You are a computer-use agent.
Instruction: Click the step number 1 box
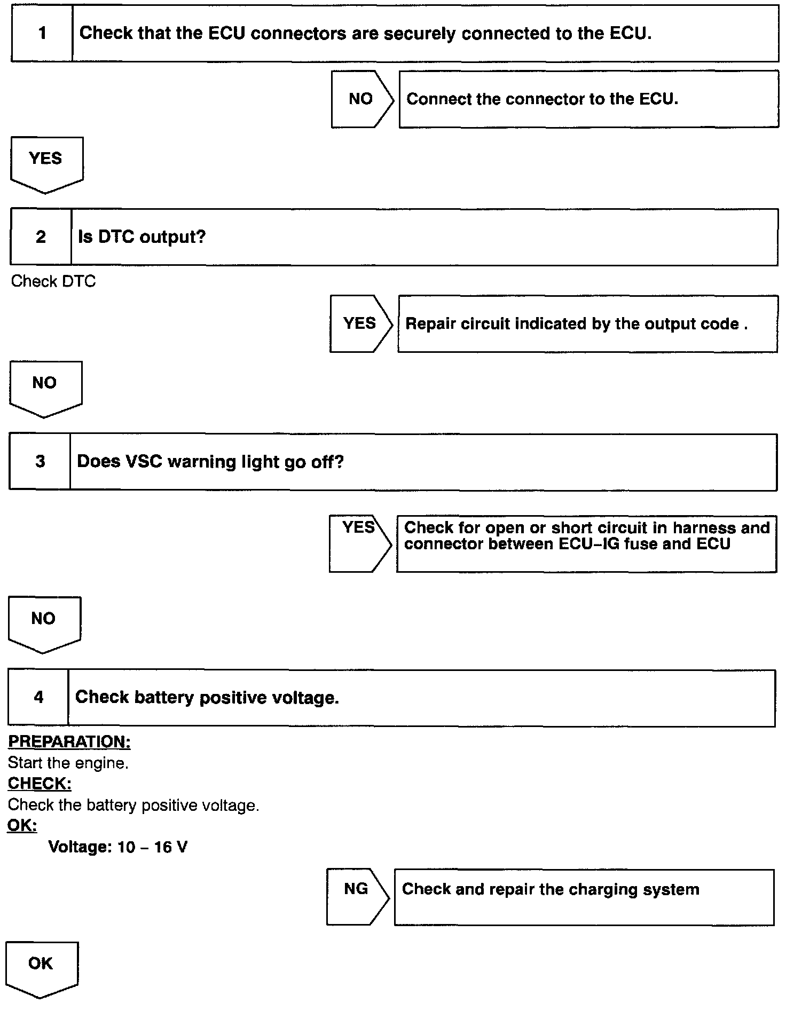(x=42, y=34)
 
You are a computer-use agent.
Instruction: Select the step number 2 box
(x=41, y=237)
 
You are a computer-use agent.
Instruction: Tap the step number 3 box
(x=40, y=462)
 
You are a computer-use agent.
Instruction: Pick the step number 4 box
(x=38, y=698)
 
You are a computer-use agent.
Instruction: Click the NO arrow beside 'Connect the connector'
(x=361, y=99)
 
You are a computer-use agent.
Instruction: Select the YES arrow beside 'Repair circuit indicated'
(x=360, y=324)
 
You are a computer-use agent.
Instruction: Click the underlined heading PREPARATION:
(x=69, y=742)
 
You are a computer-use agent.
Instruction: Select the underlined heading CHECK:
(x=40, y=784)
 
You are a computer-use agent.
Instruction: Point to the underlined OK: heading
(x=22, y=826)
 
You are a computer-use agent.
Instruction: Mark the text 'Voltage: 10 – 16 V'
(x=118, y=847)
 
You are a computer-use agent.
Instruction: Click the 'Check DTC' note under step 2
(x=53, y=281)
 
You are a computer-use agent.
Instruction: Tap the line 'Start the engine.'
(x=68, y=763)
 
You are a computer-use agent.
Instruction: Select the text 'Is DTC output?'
(x=142, y=237)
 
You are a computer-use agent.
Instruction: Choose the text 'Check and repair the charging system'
(x=551, y=889)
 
